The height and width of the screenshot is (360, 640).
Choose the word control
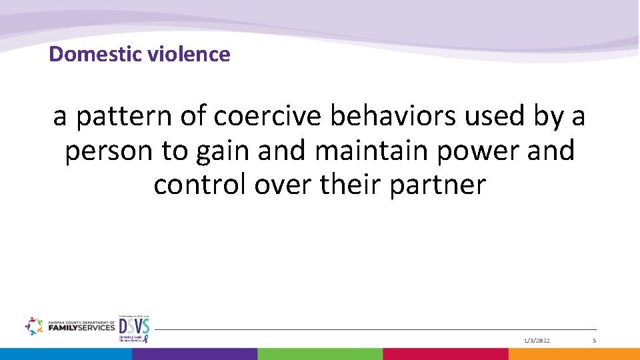tap(199, 185)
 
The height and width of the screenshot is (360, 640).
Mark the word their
tap(351, 185)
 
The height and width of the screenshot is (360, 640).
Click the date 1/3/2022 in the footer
tap(537, 341)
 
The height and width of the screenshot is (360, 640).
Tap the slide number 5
tap(593, 341)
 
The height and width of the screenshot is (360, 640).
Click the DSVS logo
tap(134, 328)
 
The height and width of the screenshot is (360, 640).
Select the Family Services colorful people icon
tap(33, 326)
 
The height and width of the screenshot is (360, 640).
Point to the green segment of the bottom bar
tap(319, 354)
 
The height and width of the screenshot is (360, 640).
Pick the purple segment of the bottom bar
tap(193, 354)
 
